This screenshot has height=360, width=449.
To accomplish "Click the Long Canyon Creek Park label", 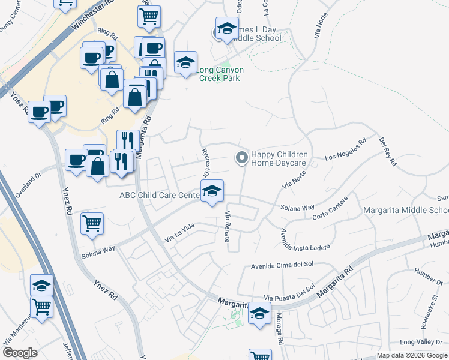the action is pos(221,74).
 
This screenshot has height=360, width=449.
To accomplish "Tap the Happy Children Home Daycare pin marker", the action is pos(241,158).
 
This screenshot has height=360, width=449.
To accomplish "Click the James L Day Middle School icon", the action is pos(227,28).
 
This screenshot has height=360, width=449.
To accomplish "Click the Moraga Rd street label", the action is pos(279,332).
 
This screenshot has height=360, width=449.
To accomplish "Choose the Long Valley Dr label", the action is pos(421,342).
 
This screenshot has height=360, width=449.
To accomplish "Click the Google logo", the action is pos(20,353).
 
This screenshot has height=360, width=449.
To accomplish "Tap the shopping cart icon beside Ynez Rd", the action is pos(92,223).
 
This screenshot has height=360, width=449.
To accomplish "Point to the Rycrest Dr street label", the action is pos(205,163).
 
